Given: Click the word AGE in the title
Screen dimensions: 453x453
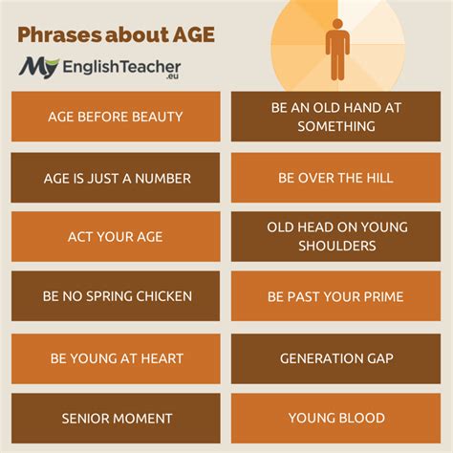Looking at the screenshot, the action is click(193, 34).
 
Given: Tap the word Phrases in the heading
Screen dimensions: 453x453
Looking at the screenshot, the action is click(59, 35).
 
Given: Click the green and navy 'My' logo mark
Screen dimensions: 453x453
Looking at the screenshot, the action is click(38, 68).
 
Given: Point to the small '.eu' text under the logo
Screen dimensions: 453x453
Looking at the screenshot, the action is click(172, 76).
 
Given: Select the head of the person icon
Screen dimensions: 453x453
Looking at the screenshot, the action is click(337, 24).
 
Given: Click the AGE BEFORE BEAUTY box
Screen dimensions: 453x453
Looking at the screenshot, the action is click(116, 117).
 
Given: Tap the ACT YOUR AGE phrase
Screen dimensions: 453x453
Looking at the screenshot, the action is click(116, 237).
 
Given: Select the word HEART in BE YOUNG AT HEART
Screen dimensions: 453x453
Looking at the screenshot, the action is click(162, 358).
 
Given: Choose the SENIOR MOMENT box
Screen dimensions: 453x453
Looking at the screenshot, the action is click(116, 418).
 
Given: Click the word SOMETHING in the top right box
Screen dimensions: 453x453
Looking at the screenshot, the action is click(336, 126).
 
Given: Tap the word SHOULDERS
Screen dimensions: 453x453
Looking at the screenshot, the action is click(337, 246).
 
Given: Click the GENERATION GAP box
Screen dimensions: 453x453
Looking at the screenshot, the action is click(336, 358).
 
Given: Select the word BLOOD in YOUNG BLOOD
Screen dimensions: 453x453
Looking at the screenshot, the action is click(361, 418).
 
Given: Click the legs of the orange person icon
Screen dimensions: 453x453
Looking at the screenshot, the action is click(337, 67).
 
